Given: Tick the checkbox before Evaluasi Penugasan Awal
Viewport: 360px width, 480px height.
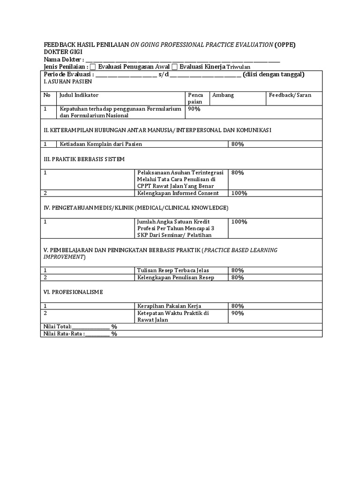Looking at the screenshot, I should [x=92, y=67].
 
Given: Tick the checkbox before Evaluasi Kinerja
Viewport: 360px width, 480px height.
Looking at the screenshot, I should [x=175, y=67].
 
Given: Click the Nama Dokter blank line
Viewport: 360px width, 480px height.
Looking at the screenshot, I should [x=183, y=60].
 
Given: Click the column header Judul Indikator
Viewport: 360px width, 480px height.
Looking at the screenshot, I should [x=79, y=95].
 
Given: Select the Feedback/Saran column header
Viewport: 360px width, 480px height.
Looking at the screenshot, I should [x=290, y=95].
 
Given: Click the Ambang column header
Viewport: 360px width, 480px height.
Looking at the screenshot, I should [x=223, y=95].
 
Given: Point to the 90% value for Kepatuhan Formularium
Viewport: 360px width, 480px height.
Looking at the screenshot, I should [x=194, y=109].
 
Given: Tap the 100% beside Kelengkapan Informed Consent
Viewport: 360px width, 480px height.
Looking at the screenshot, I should [x=239, y=193].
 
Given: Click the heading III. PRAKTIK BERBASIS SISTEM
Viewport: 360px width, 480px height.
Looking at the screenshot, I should [x=84, y=159].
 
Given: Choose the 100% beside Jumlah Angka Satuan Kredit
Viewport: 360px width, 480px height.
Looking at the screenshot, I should [x=239, y=222].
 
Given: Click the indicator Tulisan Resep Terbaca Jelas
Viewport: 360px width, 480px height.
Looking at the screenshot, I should [x=173, y=270].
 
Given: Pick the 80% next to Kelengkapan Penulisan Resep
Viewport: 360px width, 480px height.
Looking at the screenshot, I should [x=237, y=277].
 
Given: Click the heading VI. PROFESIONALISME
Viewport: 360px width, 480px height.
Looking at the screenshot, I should [x=73, y=292].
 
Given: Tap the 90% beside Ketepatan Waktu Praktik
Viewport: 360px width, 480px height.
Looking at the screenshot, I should [x=237, y=313].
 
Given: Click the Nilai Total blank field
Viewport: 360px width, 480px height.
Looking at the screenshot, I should [x=90, y=327].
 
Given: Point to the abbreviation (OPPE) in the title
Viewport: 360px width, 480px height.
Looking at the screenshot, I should [x=285, y=45].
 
